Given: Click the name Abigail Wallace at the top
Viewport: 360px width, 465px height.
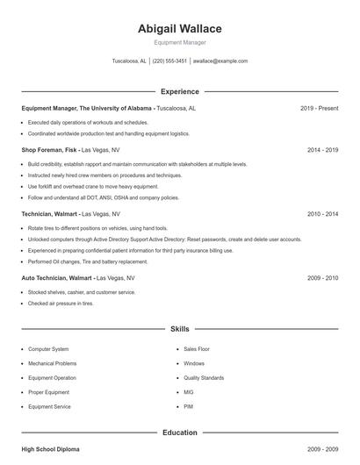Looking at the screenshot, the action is click(x=179, y=28).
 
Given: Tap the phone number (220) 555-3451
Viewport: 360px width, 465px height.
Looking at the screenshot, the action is click(x=169, y=61).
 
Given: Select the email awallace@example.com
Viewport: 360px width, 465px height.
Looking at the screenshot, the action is click(x=220, y=61).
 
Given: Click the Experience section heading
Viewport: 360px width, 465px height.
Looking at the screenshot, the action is click(x=179, y=91).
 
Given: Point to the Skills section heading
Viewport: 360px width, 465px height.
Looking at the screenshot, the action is click(x=179, y=329).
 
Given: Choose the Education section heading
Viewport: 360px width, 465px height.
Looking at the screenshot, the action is click(x=179, y=433).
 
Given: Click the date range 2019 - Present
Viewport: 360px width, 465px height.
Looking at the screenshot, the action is click(x=319, y=108).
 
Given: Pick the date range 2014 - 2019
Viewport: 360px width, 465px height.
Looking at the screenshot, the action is click(x=322, y=150).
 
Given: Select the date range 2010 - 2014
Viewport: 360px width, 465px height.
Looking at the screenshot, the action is click(x=322, y=213).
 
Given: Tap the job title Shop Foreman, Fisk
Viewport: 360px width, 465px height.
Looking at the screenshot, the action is click(x=49, y=150).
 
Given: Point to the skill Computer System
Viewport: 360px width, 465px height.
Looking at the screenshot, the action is click(x=48, y=349).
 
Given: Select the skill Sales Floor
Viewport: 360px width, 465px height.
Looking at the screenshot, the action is click(x=197, y=349).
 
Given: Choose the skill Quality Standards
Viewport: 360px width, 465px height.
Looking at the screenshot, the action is click(x=204, y=378).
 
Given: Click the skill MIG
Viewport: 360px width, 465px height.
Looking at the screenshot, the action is click(x=189, y=392).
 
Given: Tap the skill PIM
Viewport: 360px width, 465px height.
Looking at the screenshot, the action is click(x=188, y=407).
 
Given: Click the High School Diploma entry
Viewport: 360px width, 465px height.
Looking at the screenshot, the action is click(x=50, y=449).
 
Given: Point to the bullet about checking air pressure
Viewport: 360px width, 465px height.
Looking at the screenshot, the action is click(x=61, y=304).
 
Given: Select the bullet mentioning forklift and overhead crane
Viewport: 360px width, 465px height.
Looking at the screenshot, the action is click(x=93, y=187).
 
